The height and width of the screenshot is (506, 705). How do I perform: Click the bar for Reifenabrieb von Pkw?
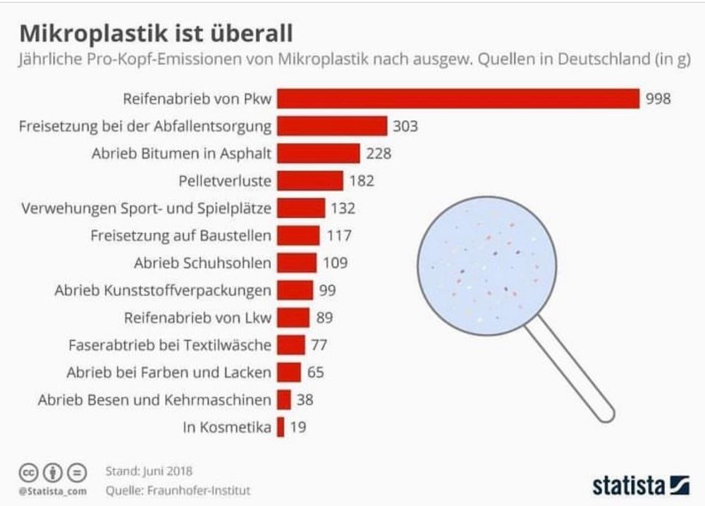[457, 99]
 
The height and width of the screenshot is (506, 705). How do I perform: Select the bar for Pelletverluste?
[309, 181]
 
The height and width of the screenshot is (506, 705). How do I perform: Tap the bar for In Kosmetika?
[281, 427]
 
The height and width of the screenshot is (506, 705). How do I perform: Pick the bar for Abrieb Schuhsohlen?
[296, 263]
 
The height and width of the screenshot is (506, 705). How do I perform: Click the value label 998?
[658, 99]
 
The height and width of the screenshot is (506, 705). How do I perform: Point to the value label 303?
[405, 126]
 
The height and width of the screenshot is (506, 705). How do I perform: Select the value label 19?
[298, 427]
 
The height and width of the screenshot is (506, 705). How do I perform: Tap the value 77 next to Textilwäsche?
[320, 345]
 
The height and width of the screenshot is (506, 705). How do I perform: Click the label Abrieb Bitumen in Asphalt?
[181, 153]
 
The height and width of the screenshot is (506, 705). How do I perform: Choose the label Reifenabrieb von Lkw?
[197, 318]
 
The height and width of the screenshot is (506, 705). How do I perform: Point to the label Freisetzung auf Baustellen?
[181, 236]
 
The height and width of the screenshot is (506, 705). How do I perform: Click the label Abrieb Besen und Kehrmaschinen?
[154, 400]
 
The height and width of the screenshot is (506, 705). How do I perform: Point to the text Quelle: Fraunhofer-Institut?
[177, 490]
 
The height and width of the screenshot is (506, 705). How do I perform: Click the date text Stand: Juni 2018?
[148, 470]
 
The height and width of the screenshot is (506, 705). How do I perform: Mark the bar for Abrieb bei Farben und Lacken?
[289, 373]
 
